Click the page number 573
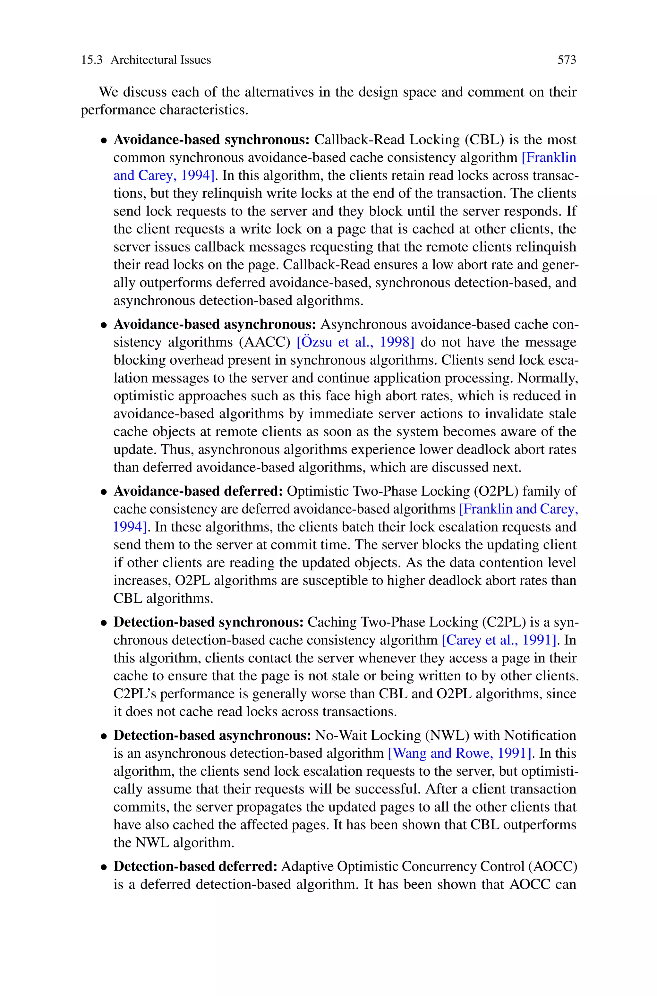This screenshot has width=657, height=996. pyautogui.click(x=567, y=60)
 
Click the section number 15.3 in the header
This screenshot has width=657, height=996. pyautogui.click(x=91, y=60)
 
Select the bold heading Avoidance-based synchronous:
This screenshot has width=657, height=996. pyautogui.click(x=211, y=140)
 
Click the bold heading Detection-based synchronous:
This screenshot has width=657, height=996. pyautogui.click(x=208, y=622)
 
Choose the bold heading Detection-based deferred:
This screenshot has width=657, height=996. pyautogui.click(x=196, y=867)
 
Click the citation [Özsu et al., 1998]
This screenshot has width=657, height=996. pyautogui.click(x=355, y=342)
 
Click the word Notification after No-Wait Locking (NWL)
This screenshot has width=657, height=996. pyautogui.click(x=540, y=736)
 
